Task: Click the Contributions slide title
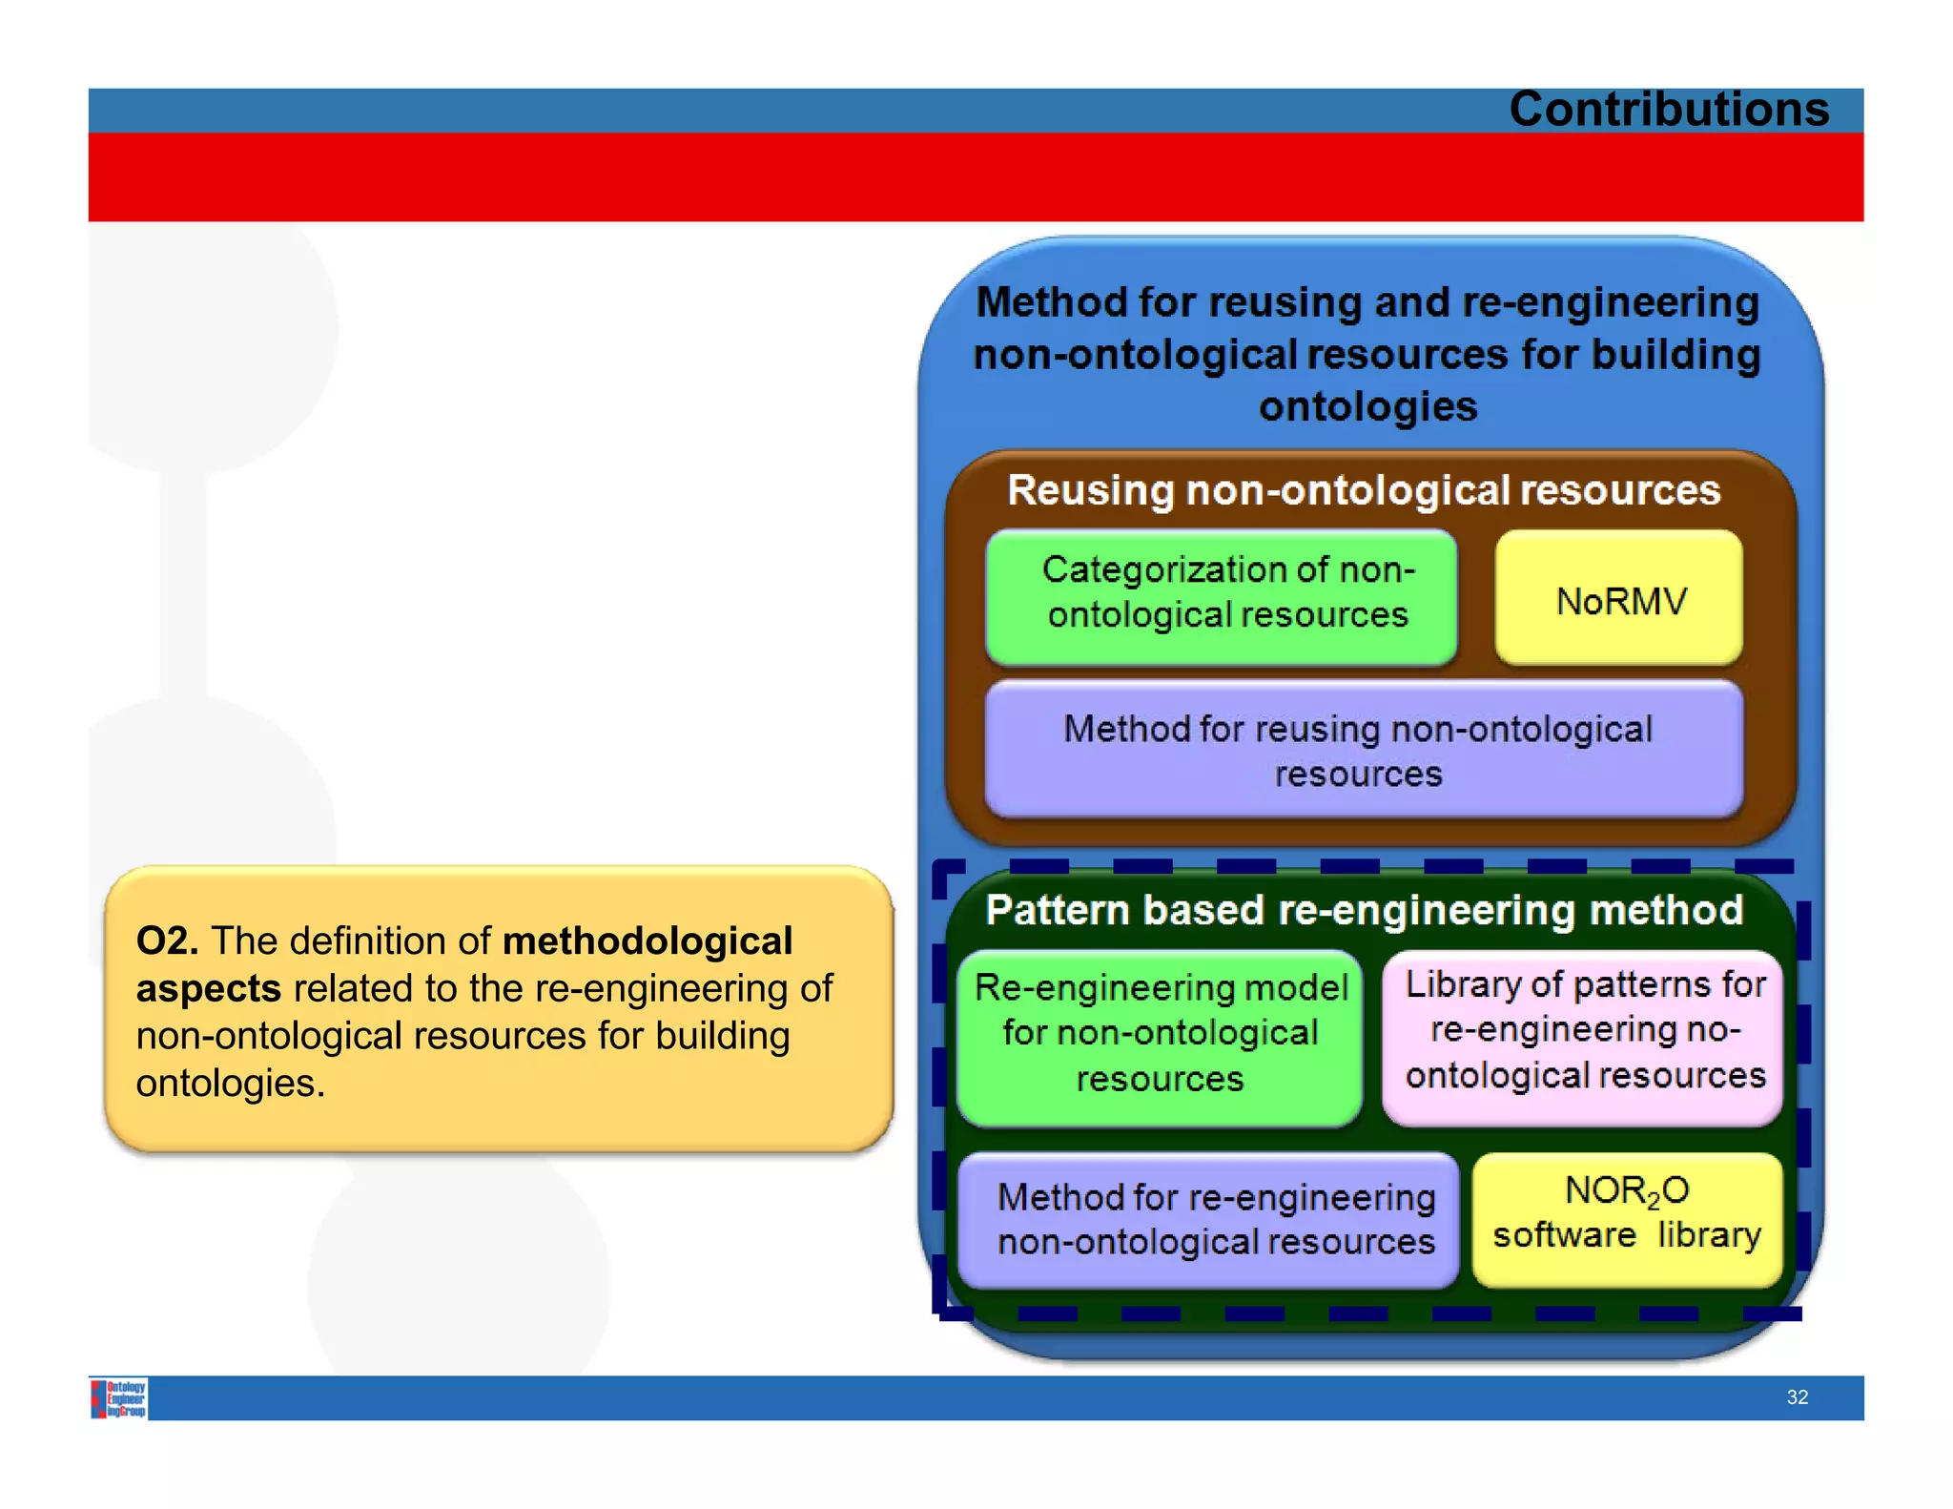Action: pyautogui.click(x=1668, y=109)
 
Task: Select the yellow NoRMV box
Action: pyautogui.click(x=1619, y=600)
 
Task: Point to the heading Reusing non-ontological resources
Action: pyautogui.click(x=1364, y=490)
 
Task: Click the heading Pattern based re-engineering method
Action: pyautogui.click(x=1364, y=910)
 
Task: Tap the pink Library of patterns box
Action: pyautogui.click(x=1583, y=1034)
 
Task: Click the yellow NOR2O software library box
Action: pyautogui.click(x=1627, y=1217)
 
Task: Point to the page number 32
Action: pyautogui.click(x=1797, y=1397)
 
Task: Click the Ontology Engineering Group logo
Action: pyautogui.click(x=120, y=1398)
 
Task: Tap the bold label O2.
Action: pyautogui.click(x=167, y=941)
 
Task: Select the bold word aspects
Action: pyautogui.click(x=208, y=989)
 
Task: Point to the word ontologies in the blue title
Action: pyautogui.click(x=1367, y=407)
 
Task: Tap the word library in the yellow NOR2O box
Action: pyautogui.click(x=1709, y=1235)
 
